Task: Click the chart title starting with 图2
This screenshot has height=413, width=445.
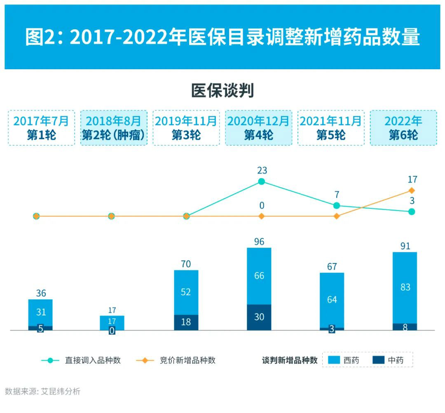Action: [x=222, y=38]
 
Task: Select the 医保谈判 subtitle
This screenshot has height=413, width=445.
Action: [x=222, y=91]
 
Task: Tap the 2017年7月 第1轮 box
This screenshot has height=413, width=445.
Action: [x=41, y=128]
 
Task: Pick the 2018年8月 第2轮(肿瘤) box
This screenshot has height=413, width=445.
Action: [x=114, y=128]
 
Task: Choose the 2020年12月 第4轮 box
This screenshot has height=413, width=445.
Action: [x=259, y=128]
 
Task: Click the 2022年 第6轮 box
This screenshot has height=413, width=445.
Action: [x=403, y=128]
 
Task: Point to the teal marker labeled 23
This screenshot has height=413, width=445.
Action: [x=262, y=181]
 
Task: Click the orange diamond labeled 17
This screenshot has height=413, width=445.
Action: [x=412, y=190]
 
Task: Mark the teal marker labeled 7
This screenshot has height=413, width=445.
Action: [x=337, y=205]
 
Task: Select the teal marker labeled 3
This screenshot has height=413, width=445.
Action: [x=412, y=211]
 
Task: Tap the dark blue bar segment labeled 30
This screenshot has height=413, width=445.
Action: [x=259, y=317]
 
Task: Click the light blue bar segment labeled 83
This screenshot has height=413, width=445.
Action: [x=405, y=287]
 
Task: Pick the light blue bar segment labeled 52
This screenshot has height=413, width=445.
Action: [x=186, y=292]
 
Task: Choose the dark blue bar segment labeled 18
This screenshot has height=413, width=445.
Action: [x=186, y=322]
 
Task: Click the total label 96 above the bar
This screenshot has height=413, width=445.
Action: [x=259, y=242]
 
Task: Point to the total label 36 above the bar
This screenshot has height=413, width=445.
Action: [x=41, y=293]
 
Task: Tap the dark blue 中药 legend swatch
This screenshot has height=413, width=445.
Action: [x=378, y=360]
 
